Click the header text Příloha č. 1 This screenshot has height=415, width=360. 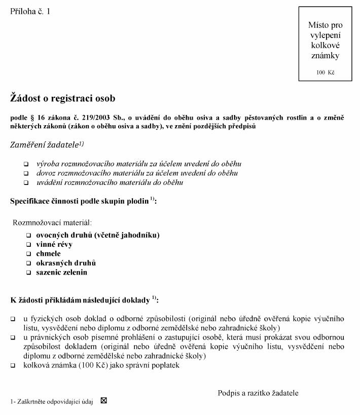pyautogui.click(x=30, y=11)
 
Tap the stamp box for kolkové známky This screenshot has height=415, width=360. pyautogui.click(x=325, y=44)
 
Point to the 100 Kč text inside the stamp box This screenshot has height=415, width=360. pyautogui.click(x=326, y=72)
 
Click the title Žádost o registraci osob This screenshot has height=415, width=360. pyautogui.click(x=62, y=98)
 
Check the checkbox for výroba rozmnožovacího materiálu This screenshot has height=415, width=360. pyautogui.click(x=26, y=165)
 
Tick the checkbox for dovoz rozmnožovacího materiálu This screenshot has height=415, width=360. pyautogui.click(x=26, y=174)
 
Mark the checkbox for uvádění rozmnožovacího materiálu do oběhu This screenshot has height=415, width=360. pyautogui.click(x=26, y=183)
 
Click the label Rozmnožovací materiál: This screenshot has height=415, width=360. pyautogui.click(x=52, y=222)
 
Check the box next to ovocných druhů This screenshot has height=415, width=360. pyautogui.click(x=29, y=236)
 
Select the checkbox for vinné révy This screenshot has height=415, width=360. pyautogui.click(x=29, y=245)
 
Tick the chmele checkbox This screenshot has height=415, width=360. pyautogui.click(x=29, y=254)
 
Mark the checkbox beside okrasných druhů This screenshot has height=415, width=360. pyautogui.click(x=29, y=263)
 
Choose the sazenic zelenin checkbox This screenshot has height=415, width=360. pyautogui.click(x=29, y=273)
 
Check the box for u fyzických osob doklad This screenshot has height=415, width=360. pyautogui.click(x=13, y=319)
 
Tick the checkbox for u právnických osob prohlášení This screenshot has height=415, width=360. pyautogui.click(x=13, y=337)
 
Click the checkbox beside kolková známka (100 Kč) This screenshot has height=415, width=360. pyautogui.click(x=13, y=365)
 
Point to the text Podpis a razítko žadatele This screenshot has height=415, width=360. pyautogui.click(x=258, y=393)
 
